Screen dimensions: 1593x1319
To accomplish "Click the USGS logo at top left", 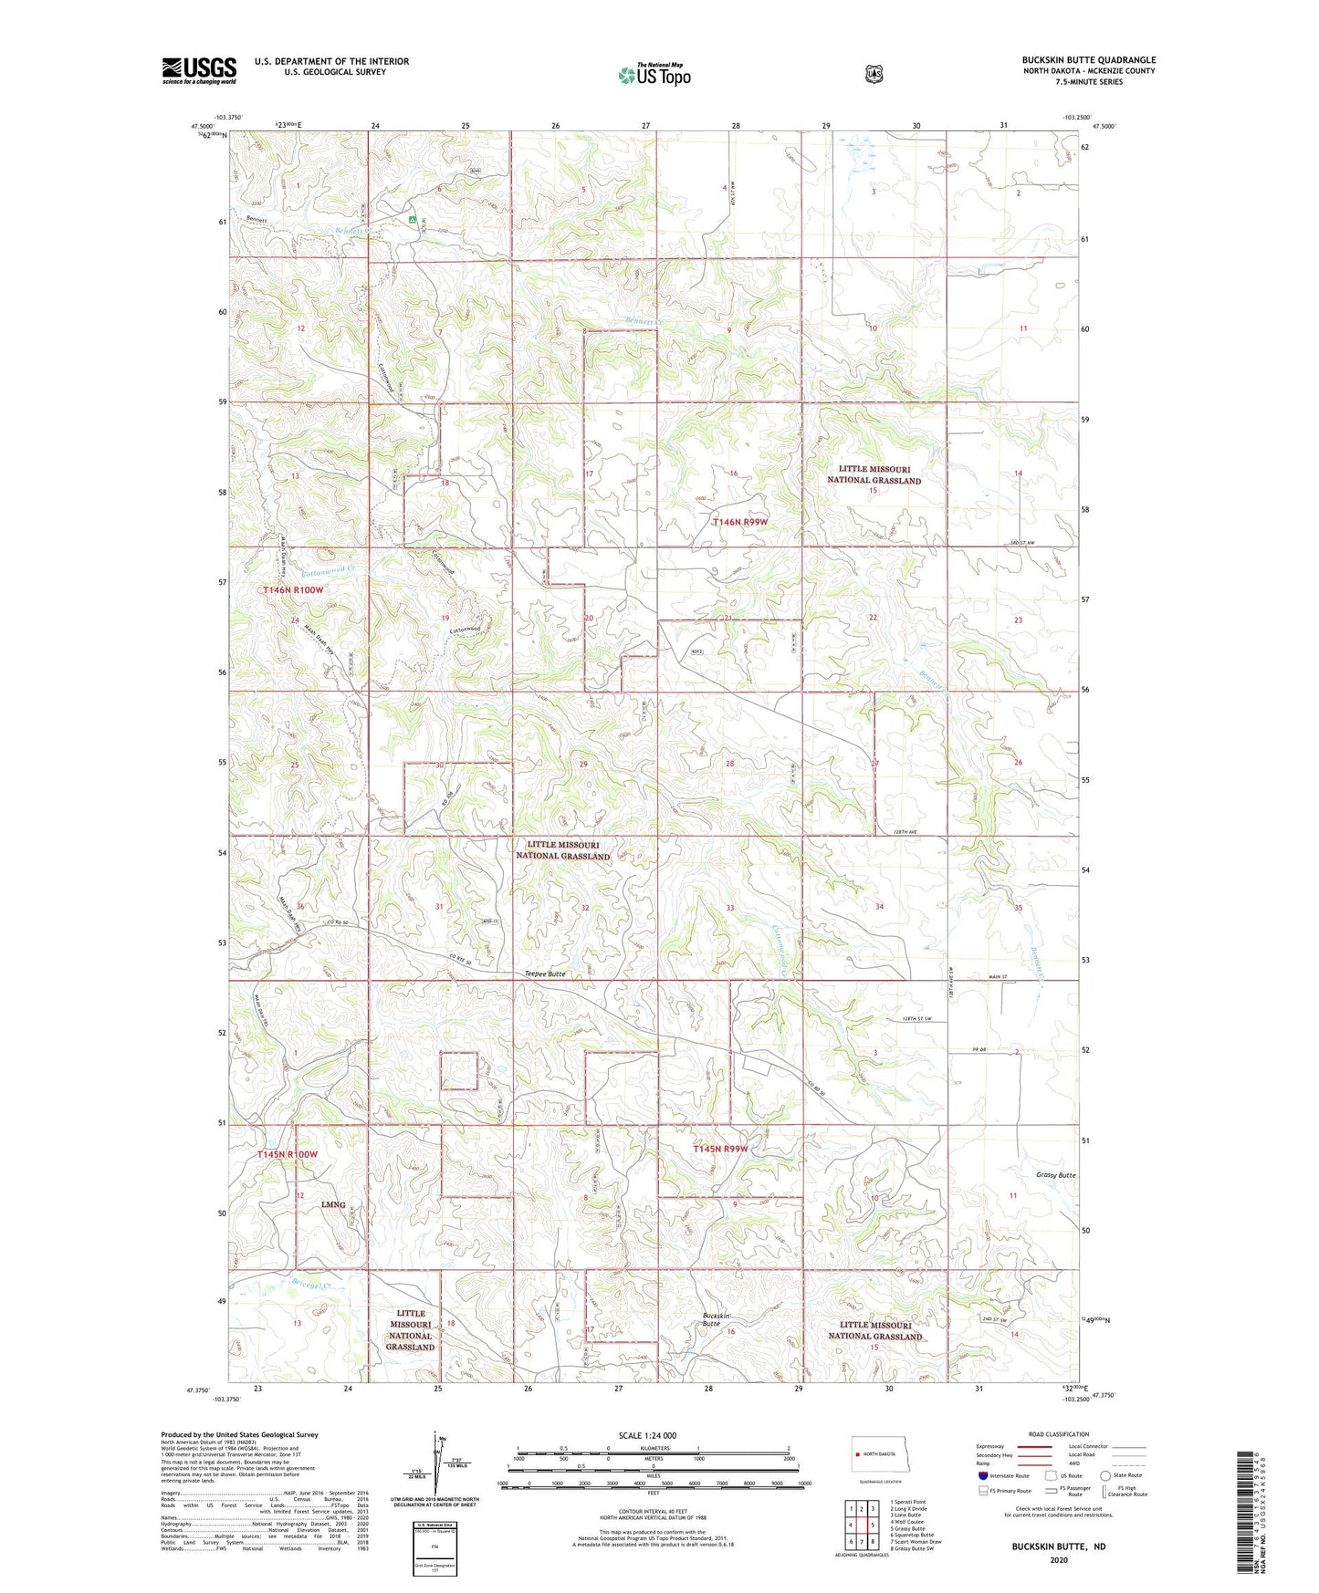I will [x=199, y=70].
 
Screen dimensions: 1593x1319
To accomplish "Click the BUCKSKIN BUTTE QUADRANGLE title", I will [x=1088, y=60].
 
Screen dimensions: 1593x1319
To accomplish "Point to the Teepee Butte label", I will [x=545, y=973].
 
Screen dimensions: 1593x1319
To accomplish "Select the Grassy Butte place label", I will [x=1056, y=1175].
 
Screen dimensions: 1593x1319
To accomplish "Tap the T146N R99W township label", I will [x=740, y=522].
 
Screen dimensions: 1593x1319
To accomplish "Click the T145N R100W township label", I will [x=288, y=1154].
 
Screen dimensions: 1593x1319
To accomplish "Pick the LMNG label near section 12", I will [x=333, y=1204].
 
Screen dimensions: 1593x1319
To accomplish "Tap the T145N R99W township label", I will [x=719, y=1149].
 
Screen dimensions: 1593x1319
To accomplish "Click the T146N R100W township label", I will [x=293, y=590].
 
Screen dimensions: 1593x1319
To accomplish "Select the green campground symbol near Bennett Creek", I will [x=413, y=219].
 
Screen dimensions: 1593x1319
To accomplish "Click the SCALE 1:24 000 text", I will [x=647, y=1435].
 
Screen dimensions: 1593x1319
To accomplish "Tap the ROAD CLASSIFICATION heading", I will [x=1058, y=1434].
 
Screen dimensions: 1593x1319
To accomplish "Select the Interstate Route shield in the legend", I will [x=982, y=1474].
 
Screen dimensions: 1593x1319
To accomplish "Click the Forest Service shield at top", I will [x=874, y=73].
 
